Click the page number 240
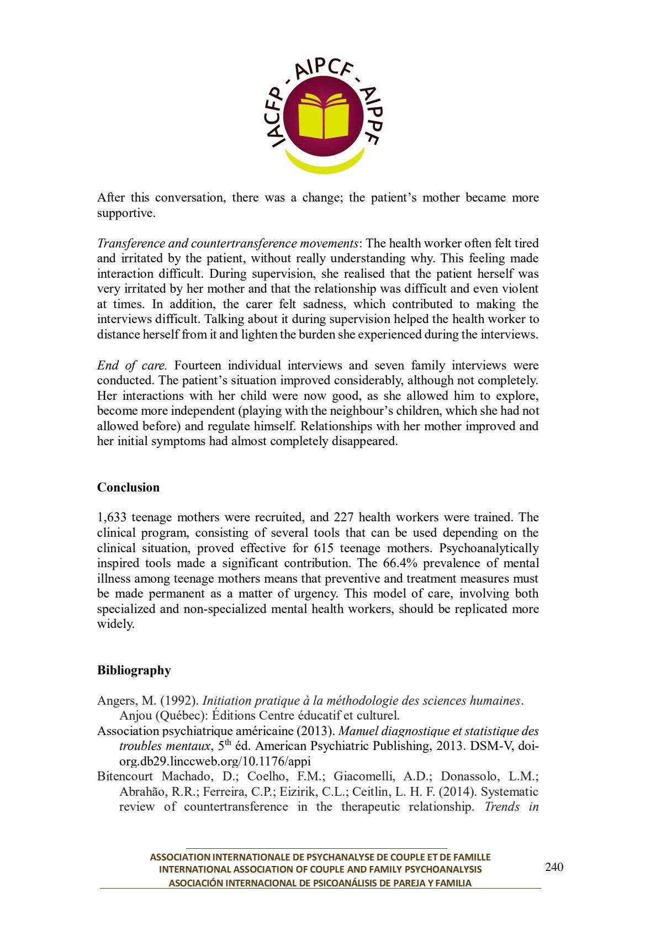[554, 867]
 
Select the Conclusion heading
[128, 488]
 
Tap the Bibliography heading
[134, 670]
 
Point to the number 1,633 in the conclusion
[113, 517]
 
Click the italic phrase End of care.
[131, 366]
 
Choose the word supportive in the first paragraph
[126, 213]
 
